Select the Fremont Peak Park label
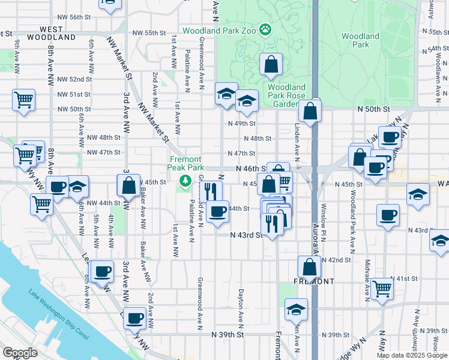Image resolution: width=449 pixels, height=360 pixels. (186, 163)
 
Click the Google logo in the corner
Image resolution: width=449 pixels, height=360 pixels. (20, 353)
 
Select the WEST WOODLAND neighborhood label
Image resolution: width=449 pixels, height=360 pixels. (40, 32)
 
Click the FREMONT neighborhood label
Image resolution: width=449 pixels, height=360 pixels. (314, 281)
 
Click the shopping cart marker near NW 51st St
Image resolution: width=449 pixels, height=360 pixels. (24, 100)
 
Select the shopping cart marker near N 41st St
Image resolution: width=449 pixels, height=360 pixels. (382, 289)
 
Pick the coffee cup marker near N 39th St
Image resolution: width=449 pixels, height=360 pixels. (135, 317)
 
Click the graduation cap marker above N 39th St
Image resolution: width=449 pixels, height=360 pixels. (295, 310)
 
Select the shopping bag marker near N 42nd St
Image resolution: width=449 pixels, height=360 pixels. (309, 266)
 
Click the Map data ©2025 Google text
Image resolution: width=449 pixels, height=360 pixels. (412, 355)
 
